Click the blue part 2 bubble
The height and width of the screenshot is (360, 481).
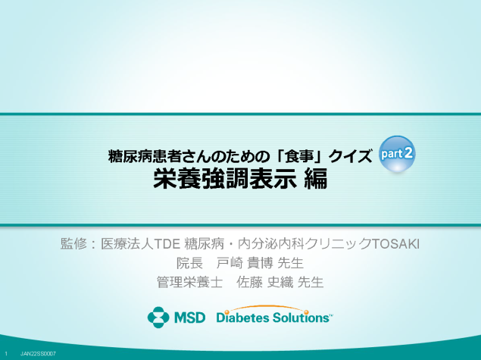coord(397,153)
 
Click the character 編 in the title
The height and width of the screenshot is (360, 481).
coord(316,178)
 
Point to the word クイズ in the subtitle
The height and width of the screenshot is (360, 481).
coord(350,157)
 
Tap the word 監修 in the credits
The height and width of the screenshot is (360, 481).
coord(73,244)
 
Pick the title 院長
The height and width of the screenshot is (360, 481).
coord(189,263)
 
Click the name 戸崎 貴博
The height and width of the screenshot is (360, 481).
coord(245,263)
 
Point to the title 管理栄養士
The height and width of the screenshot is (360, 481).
coord(189,282)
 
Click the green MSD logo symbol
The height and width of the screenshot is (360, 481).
coord(158,317)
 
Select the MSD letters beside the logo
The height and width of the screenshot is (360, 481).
coord(189,318)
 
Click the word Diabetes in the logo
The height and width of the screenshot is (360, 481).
coord(242,318)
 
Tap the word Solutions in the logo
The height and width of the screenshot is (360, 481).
coord(301,318)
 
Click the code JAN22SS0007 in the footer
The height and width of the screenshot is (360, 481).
coord(38,354)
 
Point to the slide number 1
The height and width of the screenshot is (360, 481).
coord(6,354)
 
